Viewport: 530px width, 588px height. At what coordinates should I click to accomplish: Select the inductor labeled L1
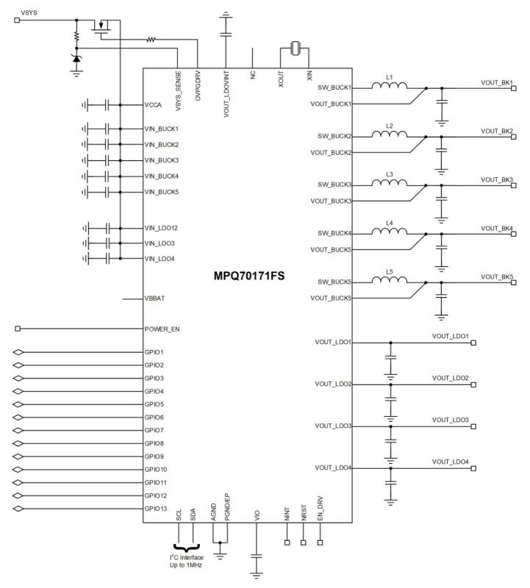point(390,87)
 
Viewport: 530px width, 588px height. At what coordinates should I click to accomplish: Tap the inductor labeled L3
point(390,184)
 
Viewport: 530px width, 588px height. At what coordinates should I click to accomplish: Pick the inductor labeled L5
point(390,282)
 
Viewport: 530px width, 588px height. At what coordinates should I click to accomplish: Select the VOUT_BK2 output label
point(497,131)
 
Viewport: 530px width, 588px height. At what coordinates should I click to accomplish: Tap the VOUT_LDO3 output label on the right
point(451,420)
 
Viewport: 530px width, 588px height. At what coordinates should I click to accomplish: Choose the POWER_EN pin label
point(162,329)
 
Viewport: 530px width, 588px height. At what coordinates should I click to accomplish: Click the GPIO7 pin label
point(154,430)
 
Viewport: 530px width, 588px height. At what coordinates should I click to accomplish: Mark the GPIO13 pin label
point(156,508)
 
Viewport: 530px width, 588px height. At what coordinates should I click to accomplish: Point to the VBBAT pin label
point(157,298)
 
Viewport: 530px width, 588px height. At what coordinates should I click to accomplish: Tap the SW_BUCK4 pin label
point(335,233)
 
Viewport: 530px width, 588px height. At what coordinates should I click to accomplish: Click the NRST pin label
point(303,513)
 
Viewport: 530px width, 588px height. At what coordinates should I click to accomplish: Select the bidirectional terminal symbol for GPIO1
point(19,352)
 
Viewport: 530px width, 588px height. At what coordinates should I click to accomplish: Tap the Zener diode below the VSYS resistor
point(76,58)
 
